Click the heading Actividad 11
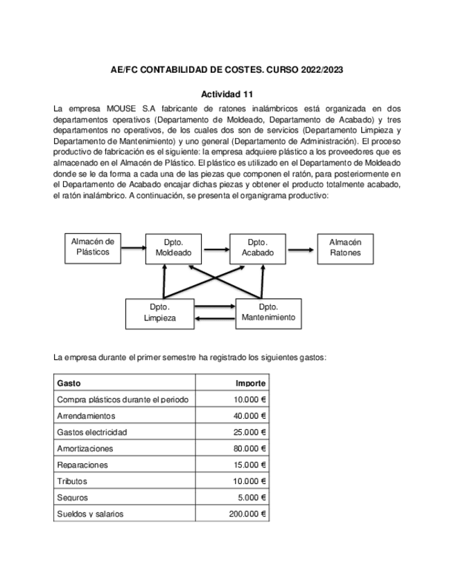[227, 94]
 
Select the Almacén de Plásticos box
[93, 247]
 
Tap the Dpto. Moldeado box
[173, 248]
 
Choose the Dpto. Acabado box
[257, 248]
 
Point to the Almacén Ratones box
[344, 248]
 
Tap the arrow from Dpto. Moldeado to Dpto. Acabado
[215, 247]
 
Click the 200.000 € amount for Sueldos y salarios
[247, 514]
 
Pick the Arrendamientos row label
[86, 415]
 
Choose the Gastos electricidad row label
[91, 432]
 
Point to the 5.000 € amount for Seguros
[252, 498]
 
